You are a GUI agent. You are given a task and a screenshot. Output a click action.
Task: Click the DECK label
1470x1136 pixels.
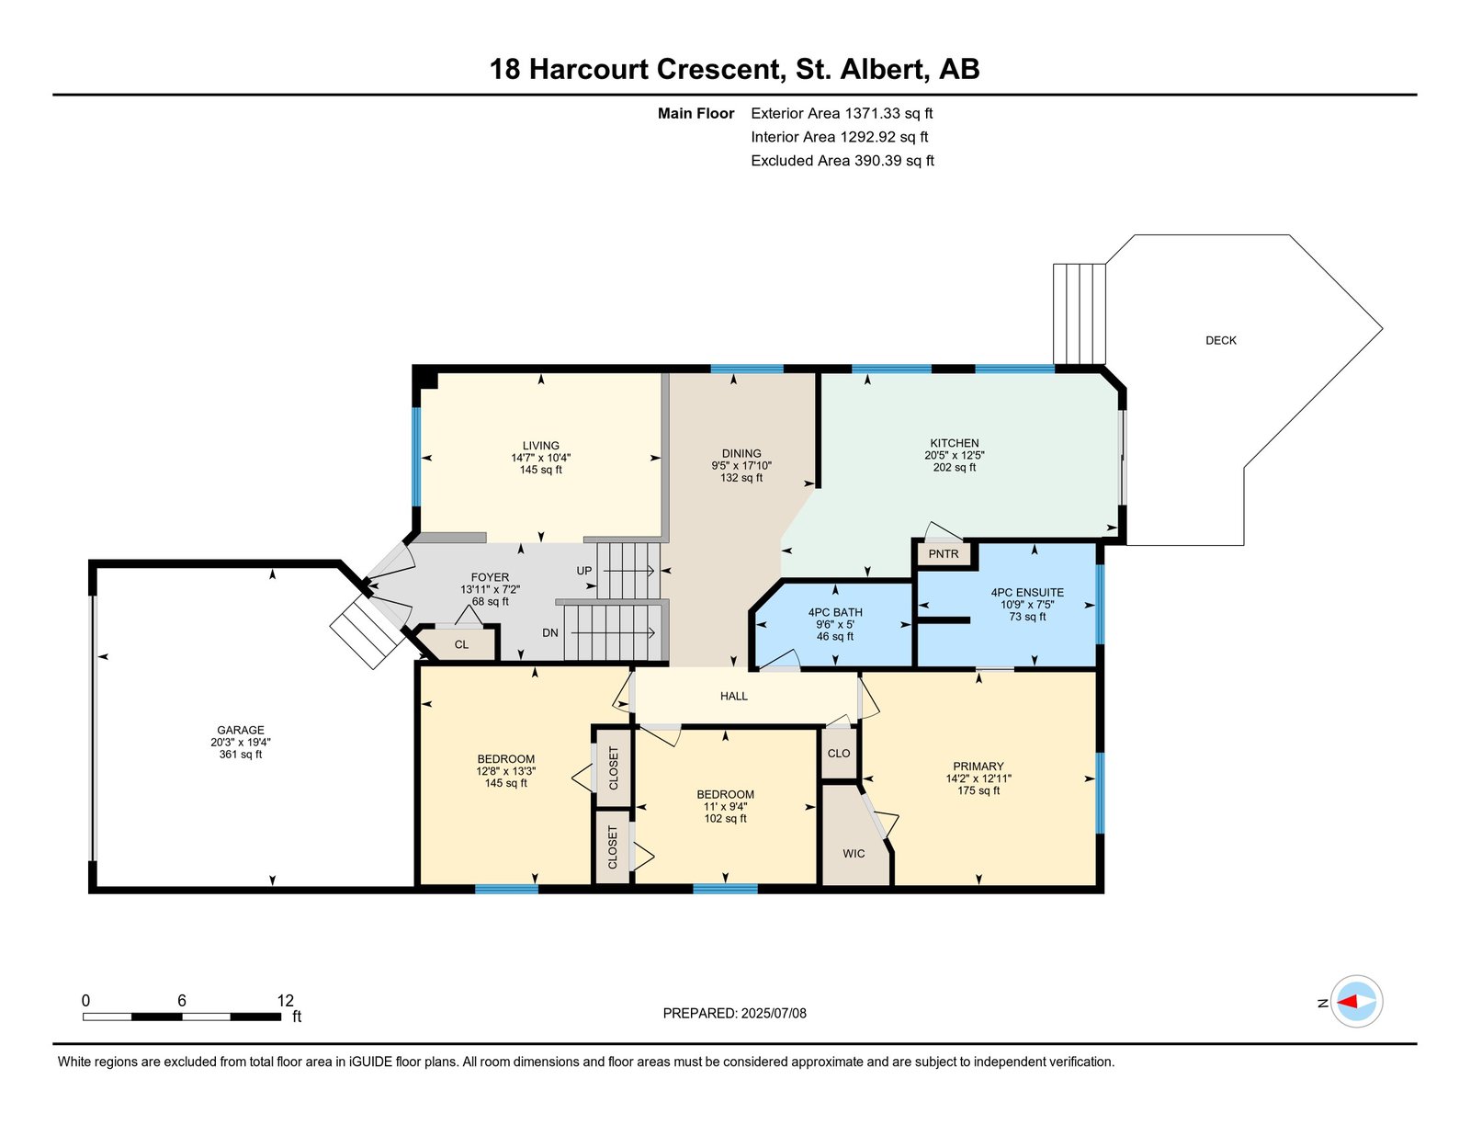pos(1220,341)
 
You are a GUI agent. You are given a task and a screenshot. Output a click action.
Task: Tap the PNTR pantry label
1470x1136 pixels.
pos(943,554)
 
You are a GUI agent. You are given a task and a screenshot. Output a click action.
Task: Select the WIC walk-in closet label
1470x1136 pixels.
pos(854,854)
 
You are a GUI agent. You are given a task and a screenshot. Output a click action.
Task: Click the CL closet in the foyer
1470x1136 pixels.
pos(461,645)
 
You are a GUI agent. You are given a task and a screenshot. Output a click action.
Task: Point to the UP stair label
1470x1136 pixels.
pos(584,571)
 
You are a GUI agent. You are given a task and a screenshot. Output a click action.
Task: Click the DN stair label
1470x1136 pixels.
pos(550,633)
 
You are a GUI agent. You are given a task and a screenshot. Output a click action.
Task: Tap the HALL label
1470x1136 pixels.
pos(733,697)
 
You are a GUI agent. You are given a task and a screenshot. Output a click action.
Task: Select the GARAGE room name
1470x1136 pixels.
pos(241,731)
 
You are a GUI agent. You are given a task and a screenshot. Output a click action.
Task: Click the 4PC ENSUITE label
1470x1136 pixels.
pos(1027,593)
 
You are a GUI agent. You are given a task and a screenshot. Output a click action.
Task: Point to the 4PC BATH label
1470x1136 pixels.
pos(835,612)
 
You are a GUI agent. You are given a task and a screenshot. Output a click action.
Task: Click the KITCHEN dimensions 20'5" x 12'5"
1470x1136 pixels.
pos(955,455)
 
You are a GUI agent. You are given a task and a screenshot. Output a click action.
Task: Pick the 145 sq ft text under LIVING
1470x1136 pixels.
pos(540,470)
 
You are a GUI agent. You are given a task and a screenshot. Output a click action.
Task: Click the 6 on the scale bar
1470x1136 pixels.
pos(182,1001)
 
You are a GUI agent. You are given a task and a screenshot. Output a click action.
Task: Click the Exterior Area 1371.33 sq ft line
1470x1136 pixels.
pos(842,114)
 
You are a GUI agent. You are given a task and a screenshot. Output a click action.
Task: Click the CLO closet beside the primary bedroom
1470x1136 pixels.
pos(838,754)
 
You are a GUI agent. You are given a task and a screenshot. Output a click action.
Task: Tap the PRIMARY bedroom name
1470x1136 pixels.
pos(978,767)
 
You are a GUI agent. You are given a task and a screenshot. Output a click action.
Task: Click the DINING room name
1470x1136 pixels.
pos(741,453)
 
